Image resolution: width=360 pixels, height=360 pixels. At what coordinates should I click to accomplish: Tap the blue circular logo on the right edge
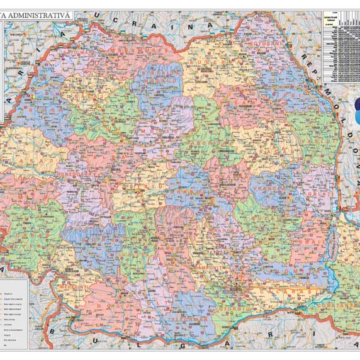point(355,111)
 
